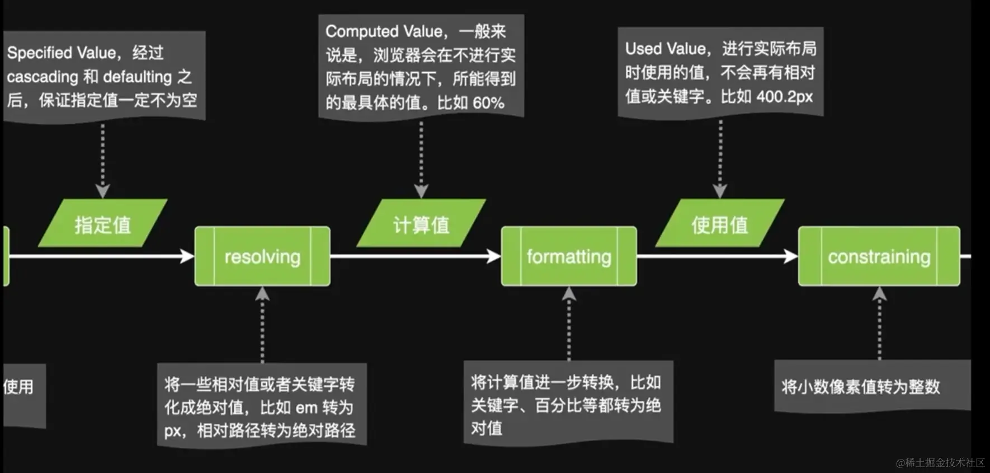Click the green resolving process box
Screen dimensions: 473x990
[x=262, y=256]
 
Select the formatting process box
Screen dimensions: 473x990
[x=569, y=256]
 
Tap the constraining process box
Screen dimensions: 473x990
[x=879, y=256]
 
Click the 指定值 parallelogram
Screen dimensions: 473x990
[x=103, y=224]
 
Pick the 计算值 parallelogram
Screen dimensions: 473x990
[x=421, y=224]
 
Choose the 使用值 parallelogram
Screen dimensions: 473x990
[x=720, y=224]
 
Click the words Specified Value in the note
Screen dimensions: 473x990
[x=62, y=53]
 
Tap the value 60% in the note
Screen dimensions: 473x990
[x=488, y=103]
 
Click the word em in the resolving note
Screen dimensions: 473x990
[x=307, y=408]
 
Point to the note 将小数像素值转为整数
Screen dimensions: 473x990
[x=861, y=387]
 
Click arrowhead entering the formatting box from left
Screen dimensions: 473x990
[x=494, y=256]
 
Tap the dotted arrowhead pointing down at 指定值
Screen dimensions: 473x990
[x=102, y=191]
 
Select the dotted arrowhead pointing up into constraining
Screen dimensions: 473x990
[x=879, y=294]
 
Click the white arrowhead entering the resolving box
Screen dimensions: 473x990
[x=187, y=256]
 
